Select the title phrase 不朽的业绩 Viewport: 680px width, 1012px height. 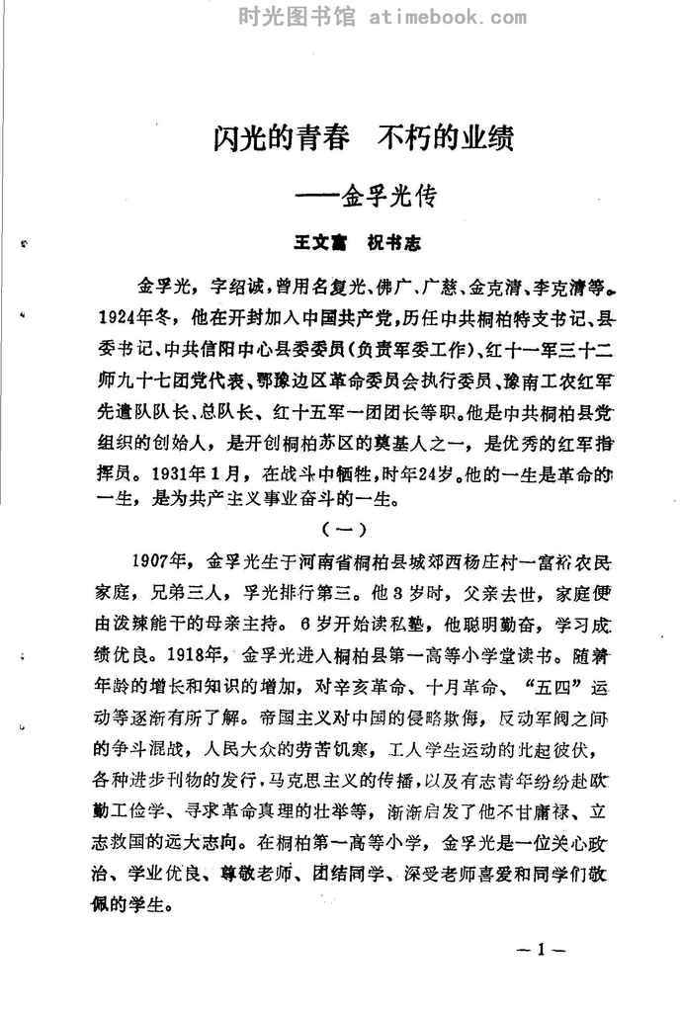[x=447, y=135]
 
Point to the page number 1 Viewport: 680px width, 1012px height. [x=541, y=951]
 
